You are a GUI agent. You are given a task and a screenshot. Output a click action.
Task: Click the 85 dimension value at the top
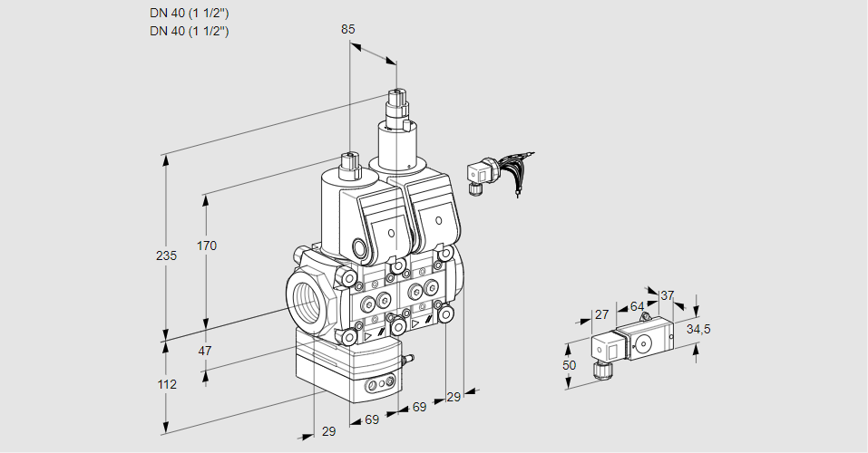click(x=347, y=29)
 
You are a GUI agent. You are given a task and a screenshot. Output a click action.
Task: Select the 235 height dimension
click(x=165, y=255)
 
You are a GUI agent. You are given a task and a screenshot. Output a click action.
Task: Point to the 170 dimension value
click(x=208, y=246)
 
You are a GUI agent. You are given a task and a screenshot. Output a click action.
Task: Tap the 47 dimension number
click(x=205, y=351)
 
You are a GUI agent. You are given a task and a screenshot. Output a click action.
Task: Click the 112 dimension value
click(x=166, y=384)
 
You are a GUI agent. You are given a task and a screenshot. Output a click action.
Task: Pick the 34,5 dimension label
click(x=697, y=329)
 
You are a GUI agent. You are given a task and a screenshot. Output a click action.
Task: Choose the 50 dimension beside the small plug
click(x=569, y=365)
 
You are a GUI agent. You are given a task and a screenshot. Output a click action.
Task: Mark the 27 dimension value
click(x=600, y=314)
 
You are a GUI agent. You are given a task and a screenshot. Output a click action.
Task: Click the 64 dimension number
click(x=637, y=306)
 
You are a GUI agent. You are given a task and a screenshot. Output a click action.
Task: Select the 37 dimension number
click(x=668, y=295)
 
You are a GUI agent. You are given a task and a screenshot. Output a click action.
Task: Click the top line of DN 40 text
click(x=189, y=13)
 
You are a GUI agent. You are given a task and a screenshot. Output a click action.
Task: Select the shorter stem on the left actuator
click(x=349, y=165)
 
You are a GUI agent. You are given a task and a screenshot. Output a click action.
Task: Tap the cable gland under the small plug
click(x=599, y=369)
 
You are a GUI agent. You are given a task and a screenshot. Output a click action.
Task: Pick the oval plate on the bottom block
click(x=380, y=387)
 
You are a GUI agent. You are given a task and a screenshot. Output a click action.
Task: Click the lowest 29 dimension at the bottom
click(x=328, y=431)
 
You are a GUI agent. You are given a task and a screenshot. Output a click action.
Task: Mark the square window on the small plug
click(x=612, y=348)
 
